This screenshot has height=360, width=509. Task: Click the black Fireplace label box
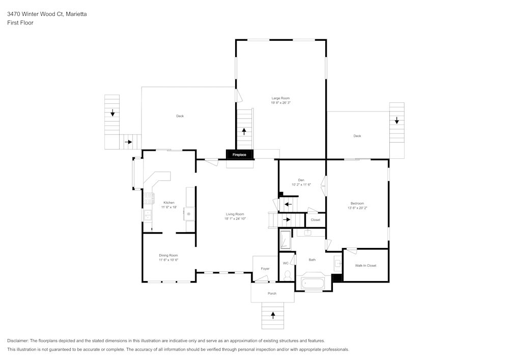click(x=239, y=154)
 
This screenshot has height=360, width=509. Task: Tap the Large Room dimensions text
click(x=280, y=103)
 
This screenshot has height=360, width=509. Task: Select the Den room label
click(x=301, y=180)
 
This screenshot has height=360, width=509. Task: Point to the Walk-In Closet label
click(x=365, y=265)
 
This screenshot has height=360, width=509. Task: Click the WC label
click(x=286, y=263)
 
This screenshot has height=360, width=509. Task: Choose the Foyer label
click(x=265, y=268)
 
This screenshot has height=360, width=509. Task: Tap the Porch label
click(x=272, y=293)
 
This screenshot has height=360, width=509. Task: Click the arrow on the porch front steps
click(x=273, y=316)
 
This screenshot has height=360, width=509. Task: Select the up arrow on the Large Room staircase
click(x=244, y=131)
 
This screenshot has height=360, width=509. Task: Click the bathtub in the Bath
click(x=312, y=284)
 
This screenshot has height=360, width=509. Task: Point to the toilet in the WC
click(x=288, y=275)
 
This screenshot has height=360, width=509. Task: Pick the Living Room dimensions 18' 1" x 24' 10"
click(x=235, y=218)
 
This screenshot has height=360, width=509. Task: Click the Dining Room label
click(x=168, y=255)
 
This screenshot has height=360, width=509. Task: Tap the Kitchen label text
click(x=168, y=203)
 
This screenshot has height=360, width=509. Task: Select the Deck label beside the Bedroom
click(x=357, y=136)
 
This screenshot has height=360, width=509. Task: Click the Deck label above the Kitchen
click(x=180, y=116)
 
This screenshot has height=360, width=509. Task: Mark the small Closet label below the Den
click(x=316, y=220)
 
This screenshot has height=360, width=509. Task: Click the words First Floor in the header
click(x=20, y=23)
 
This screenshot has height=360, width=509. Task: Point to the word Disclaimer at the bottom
click(x=18, y=341)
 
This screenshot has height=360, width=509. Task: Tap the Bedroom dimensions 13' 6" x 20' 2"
click(x=357, y=208)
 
